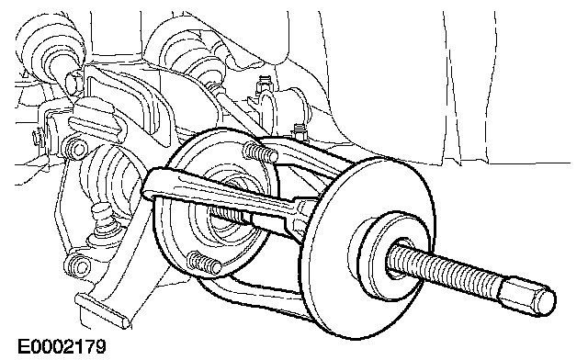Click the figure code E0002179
pos(62,346)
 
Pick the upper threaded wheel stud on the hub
pos(260,152)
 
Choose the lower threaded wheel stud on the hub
pos(204,262)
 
